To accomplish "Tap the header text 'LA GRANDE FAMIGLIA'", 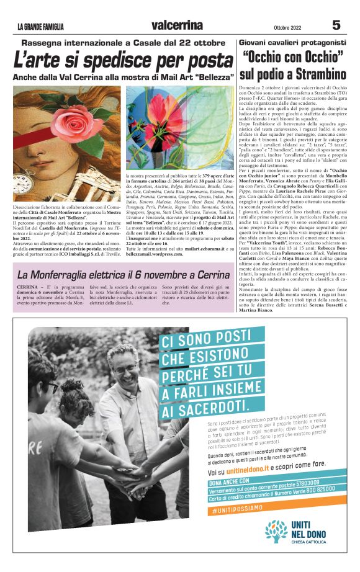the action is (x=41, y=27).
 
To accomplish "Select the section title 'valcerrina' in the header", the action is (x=177, y=25).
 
